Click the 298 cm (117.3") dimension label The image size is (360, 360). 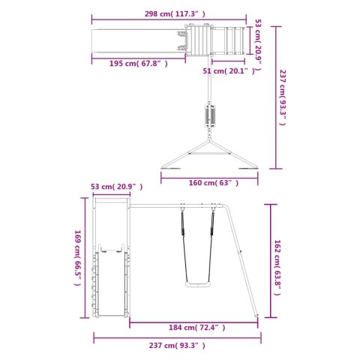click(175, 14)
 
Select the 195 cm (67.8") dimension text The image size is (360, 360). click(139, 64)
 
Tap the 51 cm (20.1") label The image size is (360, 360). click(229, 71)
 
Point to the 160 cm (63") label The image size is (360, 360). click(214, 183)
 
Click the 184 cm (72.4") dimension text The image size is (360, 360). click(197, 327)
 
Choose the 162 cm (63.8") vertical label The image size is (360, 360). click(277, 268)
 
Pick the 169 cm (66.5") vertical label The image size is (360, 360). click(78, 258)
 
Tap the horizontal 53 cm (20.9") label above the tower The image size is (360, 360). click(117, 187)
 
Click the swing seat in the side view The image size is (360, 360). click(198, 285)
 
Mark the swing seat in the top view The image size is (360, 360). click(210, 116)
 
